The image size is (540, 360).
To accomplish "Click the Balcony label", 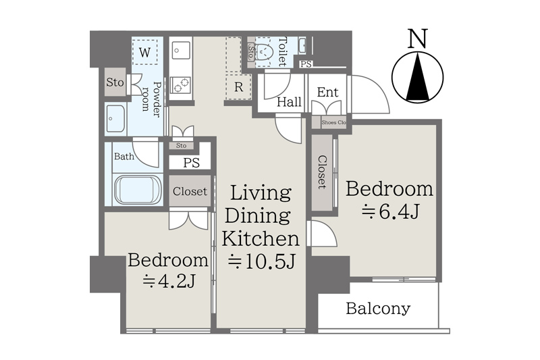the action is (378, 308).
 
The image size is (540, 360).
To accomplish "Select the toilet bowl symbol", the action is (265, 53).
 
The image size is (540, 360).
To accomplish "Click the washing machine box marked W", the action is (144, 52).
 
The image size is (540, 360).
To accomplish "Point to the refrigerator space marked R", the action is (238, 87).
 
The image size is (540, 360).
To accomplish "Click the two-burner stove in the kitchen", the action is (181, 84).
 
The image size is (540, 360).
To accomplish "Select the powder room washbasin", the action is (115, 119).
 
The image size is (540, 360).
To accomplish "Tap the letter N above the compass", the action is (417, 38).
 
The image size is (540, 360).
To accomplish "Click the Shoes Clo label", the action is (333, 122).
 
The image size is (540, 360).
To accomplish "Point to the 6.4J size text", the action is (390, 211).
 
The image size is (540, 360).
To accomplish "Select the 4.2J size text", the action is (169, 281).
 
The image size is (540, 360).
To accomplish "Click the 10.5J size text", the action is (261, 262).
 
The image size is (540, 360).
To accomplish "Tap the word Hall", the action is (290, 101).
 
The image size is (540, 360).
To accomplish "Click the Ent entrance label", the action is (327, 92).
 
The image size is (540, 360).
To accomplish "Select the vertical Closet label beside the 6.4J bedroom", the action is (322, 172).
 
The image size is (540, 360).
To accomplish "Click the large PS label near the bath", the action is (192, 162).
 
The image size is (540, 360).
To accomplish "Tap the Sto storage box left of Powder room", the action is (115, 82).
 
